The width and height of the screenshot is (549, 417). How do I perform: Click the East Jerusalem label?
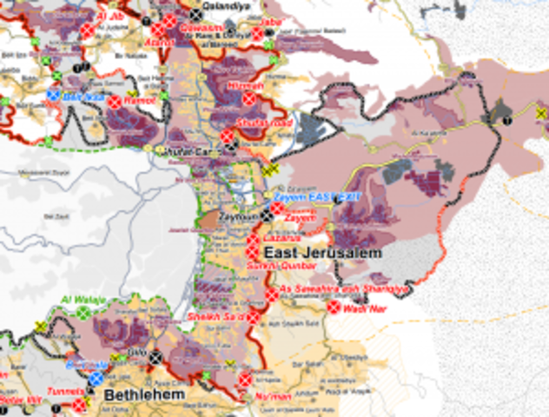click(318, 253)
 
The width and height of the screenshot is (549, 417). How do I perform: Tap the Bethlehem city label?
click(144, 395)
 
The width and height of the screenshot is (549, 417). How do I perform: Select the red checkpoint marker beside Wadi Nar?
click(333, 307)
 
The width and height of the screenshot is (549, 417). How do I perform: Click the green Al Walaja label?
click(83, 301)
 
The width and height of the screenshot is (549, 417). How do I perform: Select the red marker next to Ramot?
click(114, 101)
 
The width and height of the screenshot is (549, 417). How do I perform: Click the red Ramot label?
click(140, 101)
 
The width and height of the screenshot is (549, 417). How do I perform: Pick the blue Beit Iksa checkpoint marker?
click(53, 96)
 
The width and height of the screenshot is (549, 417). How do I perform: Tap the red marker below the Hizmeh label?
click(249, 99)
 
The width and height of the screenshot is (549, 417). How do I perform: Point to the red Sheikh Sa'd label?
click(217, 318)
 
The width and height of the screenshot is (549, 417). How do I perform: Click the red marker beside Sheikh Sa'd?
click(253, 318)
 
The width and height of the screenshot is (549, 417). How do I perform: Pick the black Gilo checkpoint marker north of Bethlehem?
click(156, 357)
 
